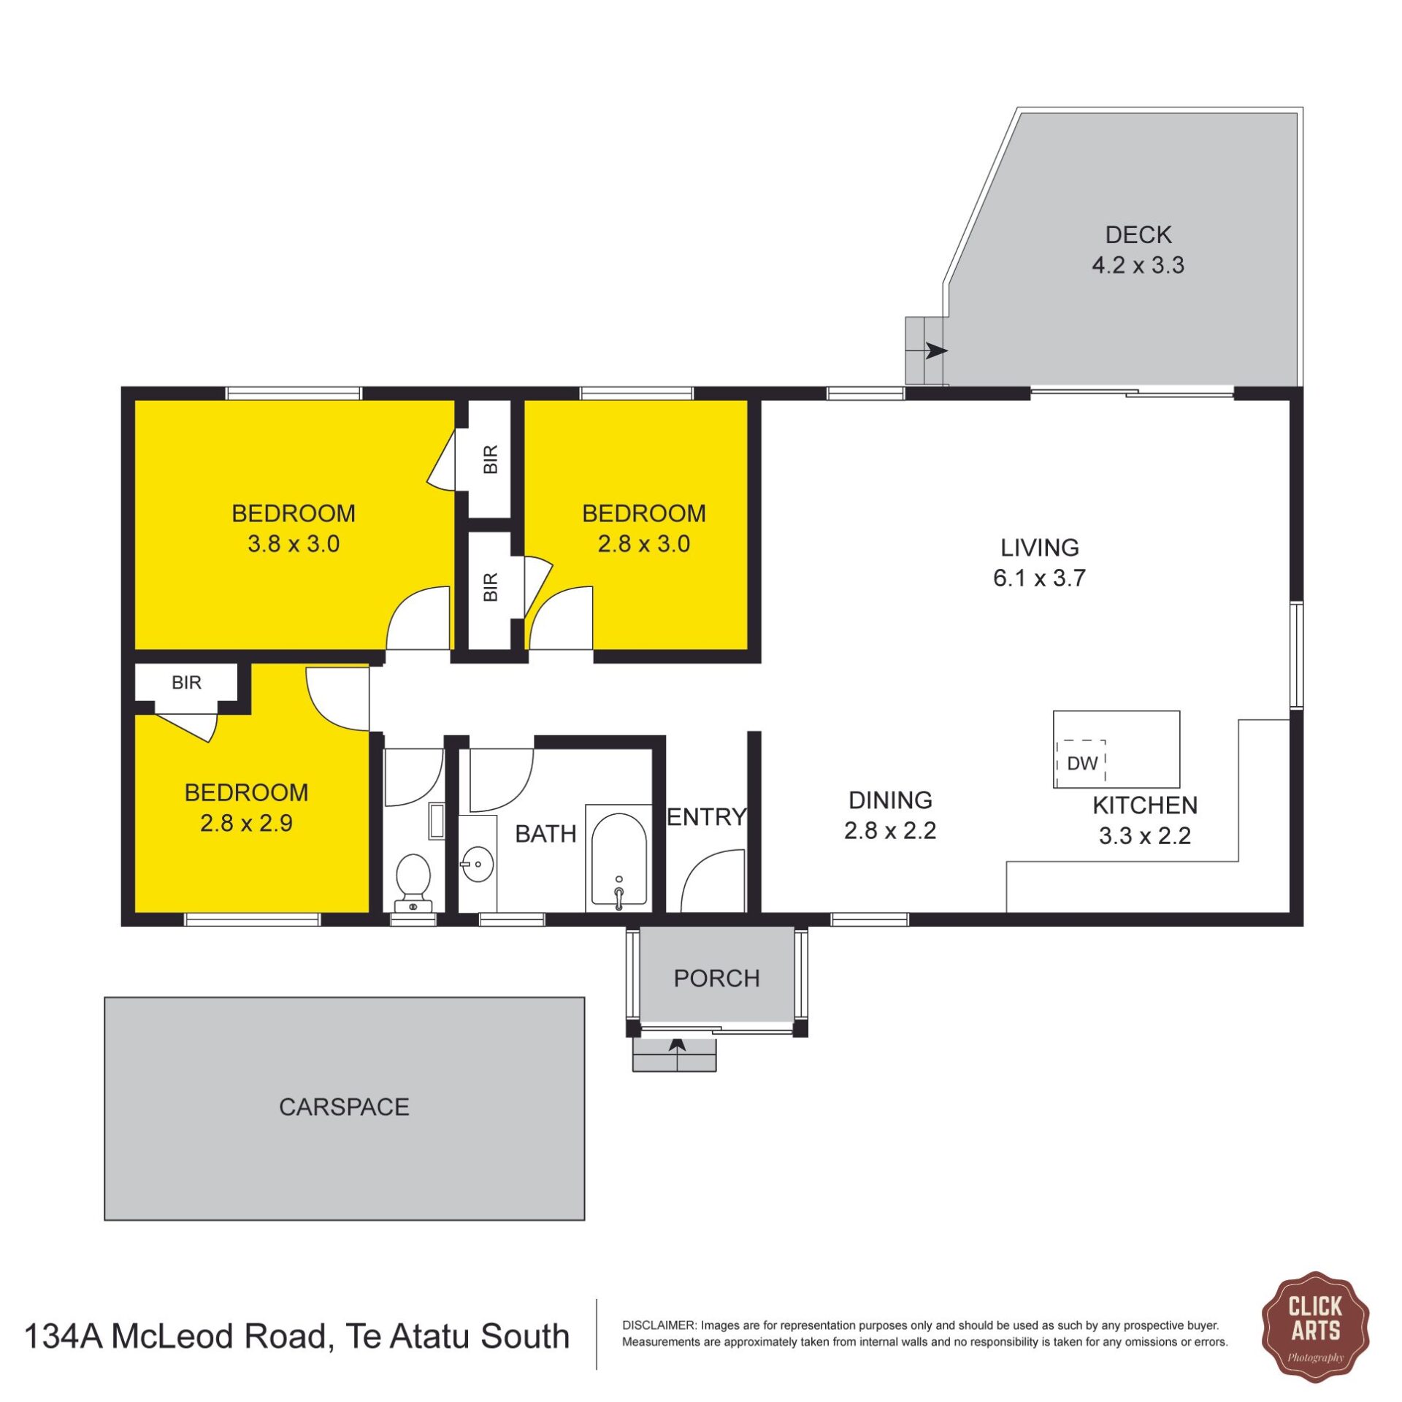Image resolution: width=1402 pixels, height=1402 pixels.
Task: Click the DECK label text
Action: [1138, 234]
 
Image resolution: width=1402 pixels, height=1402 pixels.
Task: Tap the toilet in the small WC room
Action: [413, 883]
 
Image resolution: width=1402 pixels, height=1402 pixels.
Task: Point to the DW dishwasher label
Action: [1082, 763]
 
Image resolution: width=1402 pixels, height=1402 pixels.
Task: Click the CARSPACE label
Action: [344, 1107]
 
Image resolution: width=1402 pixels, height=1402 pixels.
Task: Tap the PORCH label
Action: [716, 978]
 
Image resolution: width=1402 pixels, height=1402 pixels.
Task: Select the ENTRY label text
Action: [707, 816]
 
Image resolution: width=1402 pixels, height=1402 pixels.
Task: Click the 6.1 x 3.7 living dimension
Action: [1039, 578]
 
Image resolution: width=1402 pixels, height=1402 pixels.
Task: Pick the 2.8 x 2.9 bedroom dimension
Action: [246, 823]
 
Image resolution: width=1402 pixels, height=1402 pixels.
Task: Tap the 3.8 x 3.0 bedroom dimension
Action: [294, 544]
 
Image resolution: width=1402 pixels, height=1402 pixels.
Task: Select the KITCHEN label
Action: [1145, 805]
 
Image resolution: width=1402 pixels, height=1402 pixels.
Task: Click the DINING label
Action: [890, 800]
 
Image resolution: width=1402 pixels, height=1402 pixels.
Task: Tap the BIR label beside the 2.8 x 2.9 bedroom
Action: [186, 683]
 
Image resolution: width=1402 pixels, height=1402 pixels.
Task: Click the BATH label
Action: [545, 834]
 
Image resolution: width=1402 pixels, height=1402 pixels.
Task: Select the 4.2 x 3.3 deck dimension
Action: [1138, 265]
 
